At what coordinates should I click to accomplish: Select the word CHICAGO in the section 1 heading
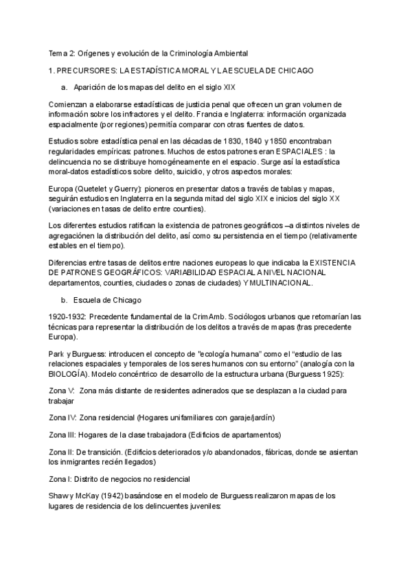[295, 70]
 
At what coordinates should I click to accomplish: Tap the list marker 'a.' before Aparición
[65, 87]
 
